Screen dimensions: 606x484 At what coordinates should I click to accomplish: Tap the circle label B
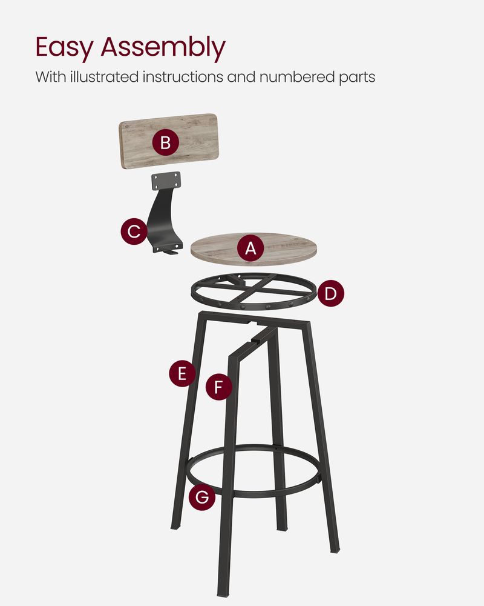click(165, 144)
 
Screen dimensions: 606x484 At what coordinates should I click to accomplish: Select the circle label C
click(134, 231)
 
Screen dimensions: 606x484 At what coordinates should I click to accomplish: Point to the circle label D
click(330, 295)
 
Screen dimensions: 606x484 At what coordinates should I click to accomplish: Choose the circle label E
click(182, 374)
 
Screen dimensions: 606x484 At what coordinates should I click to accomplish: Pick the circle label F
click(219, 387)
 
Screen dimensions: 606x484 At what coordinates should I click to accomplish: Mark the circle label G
click(201, 498)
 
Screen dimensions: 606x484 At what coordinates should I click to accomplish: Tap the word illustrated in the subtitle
click(102, 78)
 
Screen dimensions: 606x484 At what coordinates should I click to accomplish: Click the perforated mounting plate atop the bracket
click(165, 180)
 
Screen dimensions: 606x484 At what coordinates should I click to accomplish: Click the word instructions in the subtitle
click(189, 78)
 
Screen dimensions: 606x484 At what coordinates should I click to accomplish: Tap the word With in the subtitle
click(49, 78)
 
